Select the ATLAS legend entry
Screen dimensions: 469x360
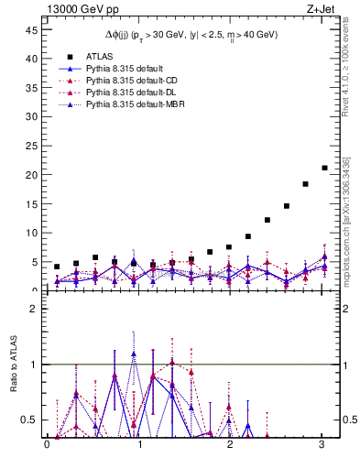coord(100,56)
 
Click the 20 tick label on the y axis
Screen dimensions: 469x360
coord(31,175)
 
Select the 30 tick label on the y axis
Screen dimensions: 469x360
coord(31,116)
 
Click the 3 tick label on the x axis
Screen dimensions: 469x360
coord(322,445)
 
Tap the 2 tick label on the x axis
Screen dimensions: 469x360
coord(230,445)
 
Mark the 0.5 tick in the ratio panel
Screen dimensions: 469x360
coord(28,420)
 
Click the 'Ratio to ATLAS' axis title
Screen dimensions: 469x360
coord(12,365)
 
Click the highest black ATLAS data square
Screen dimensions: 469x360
coord(324,168)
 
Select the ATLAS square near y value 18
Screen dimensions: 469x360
coord(305,184)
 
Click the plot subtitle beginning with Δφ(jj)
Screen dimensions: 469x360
coord(191,35)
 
